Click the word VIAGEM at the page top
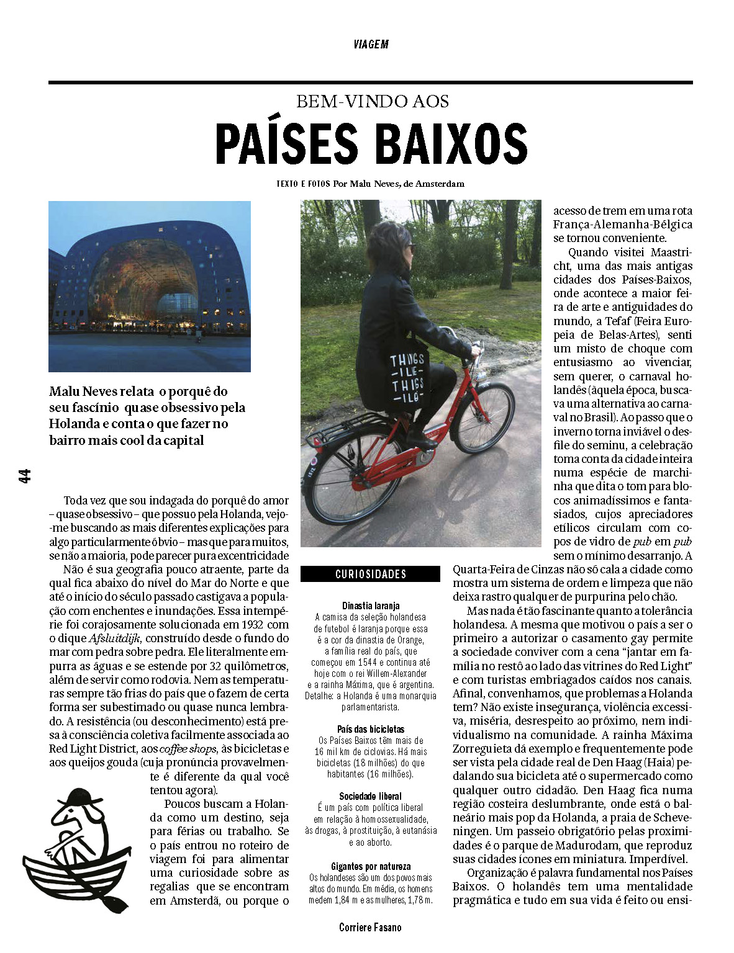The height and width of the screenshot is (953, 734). [x=371, y=44]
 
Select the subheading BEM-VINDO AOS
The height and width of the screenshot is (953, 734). [x=373, y=102]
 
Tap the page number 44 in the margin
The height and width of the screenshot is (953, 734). [x=25, y=476]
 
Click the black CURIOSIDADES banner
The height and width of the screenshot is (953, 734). [x=371, y=574]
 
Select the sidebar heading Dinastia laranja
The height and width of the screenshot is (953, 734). [x=371, y=606]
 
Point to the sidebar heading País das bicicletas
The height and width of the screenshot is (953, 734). [x=371, y=729]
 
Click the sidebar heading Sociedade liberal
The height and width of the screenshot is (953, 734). [x=371, y=796]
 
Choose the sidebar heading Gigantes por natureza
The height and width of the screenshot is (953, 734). [x=371, y=866]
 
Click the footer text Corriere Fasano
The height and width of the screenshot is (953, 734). [x=370, y=928]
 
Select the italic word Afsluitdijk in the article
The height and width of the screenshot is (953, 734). [x=116, y=638]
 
